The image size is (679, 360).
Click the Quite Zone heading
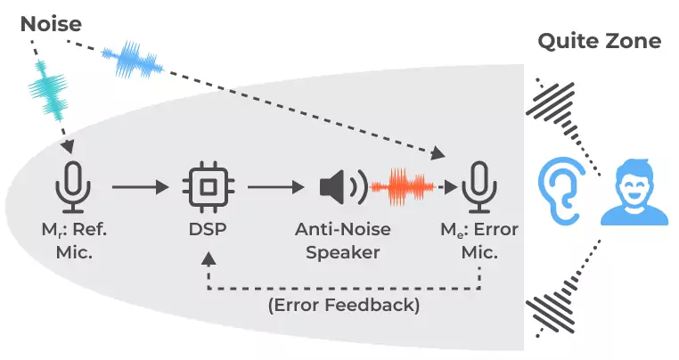pyautogui.click(x=599, y=41)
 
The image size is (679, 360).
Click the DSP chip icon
pyautogui.click(x=208, y=186)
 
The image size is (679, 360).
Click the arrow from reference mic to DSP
pyautogui.click(x=139, y=187)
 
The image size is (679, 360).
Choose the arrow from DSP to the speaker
pyautogui.click(x=275, y=187)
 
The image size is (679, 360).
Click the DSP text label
pyautogui.click(x=208, y=230)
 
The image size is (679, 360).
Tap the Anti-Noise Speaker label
pyautogui.click(x=342, y=241)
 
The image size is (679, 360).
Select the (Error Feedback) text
pyautogui.click(x=343, y=306)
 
